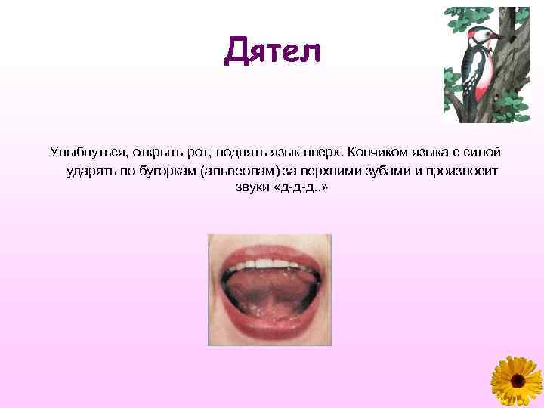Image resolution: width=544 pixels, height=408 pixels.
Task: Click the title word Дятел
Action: [273, 52]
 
